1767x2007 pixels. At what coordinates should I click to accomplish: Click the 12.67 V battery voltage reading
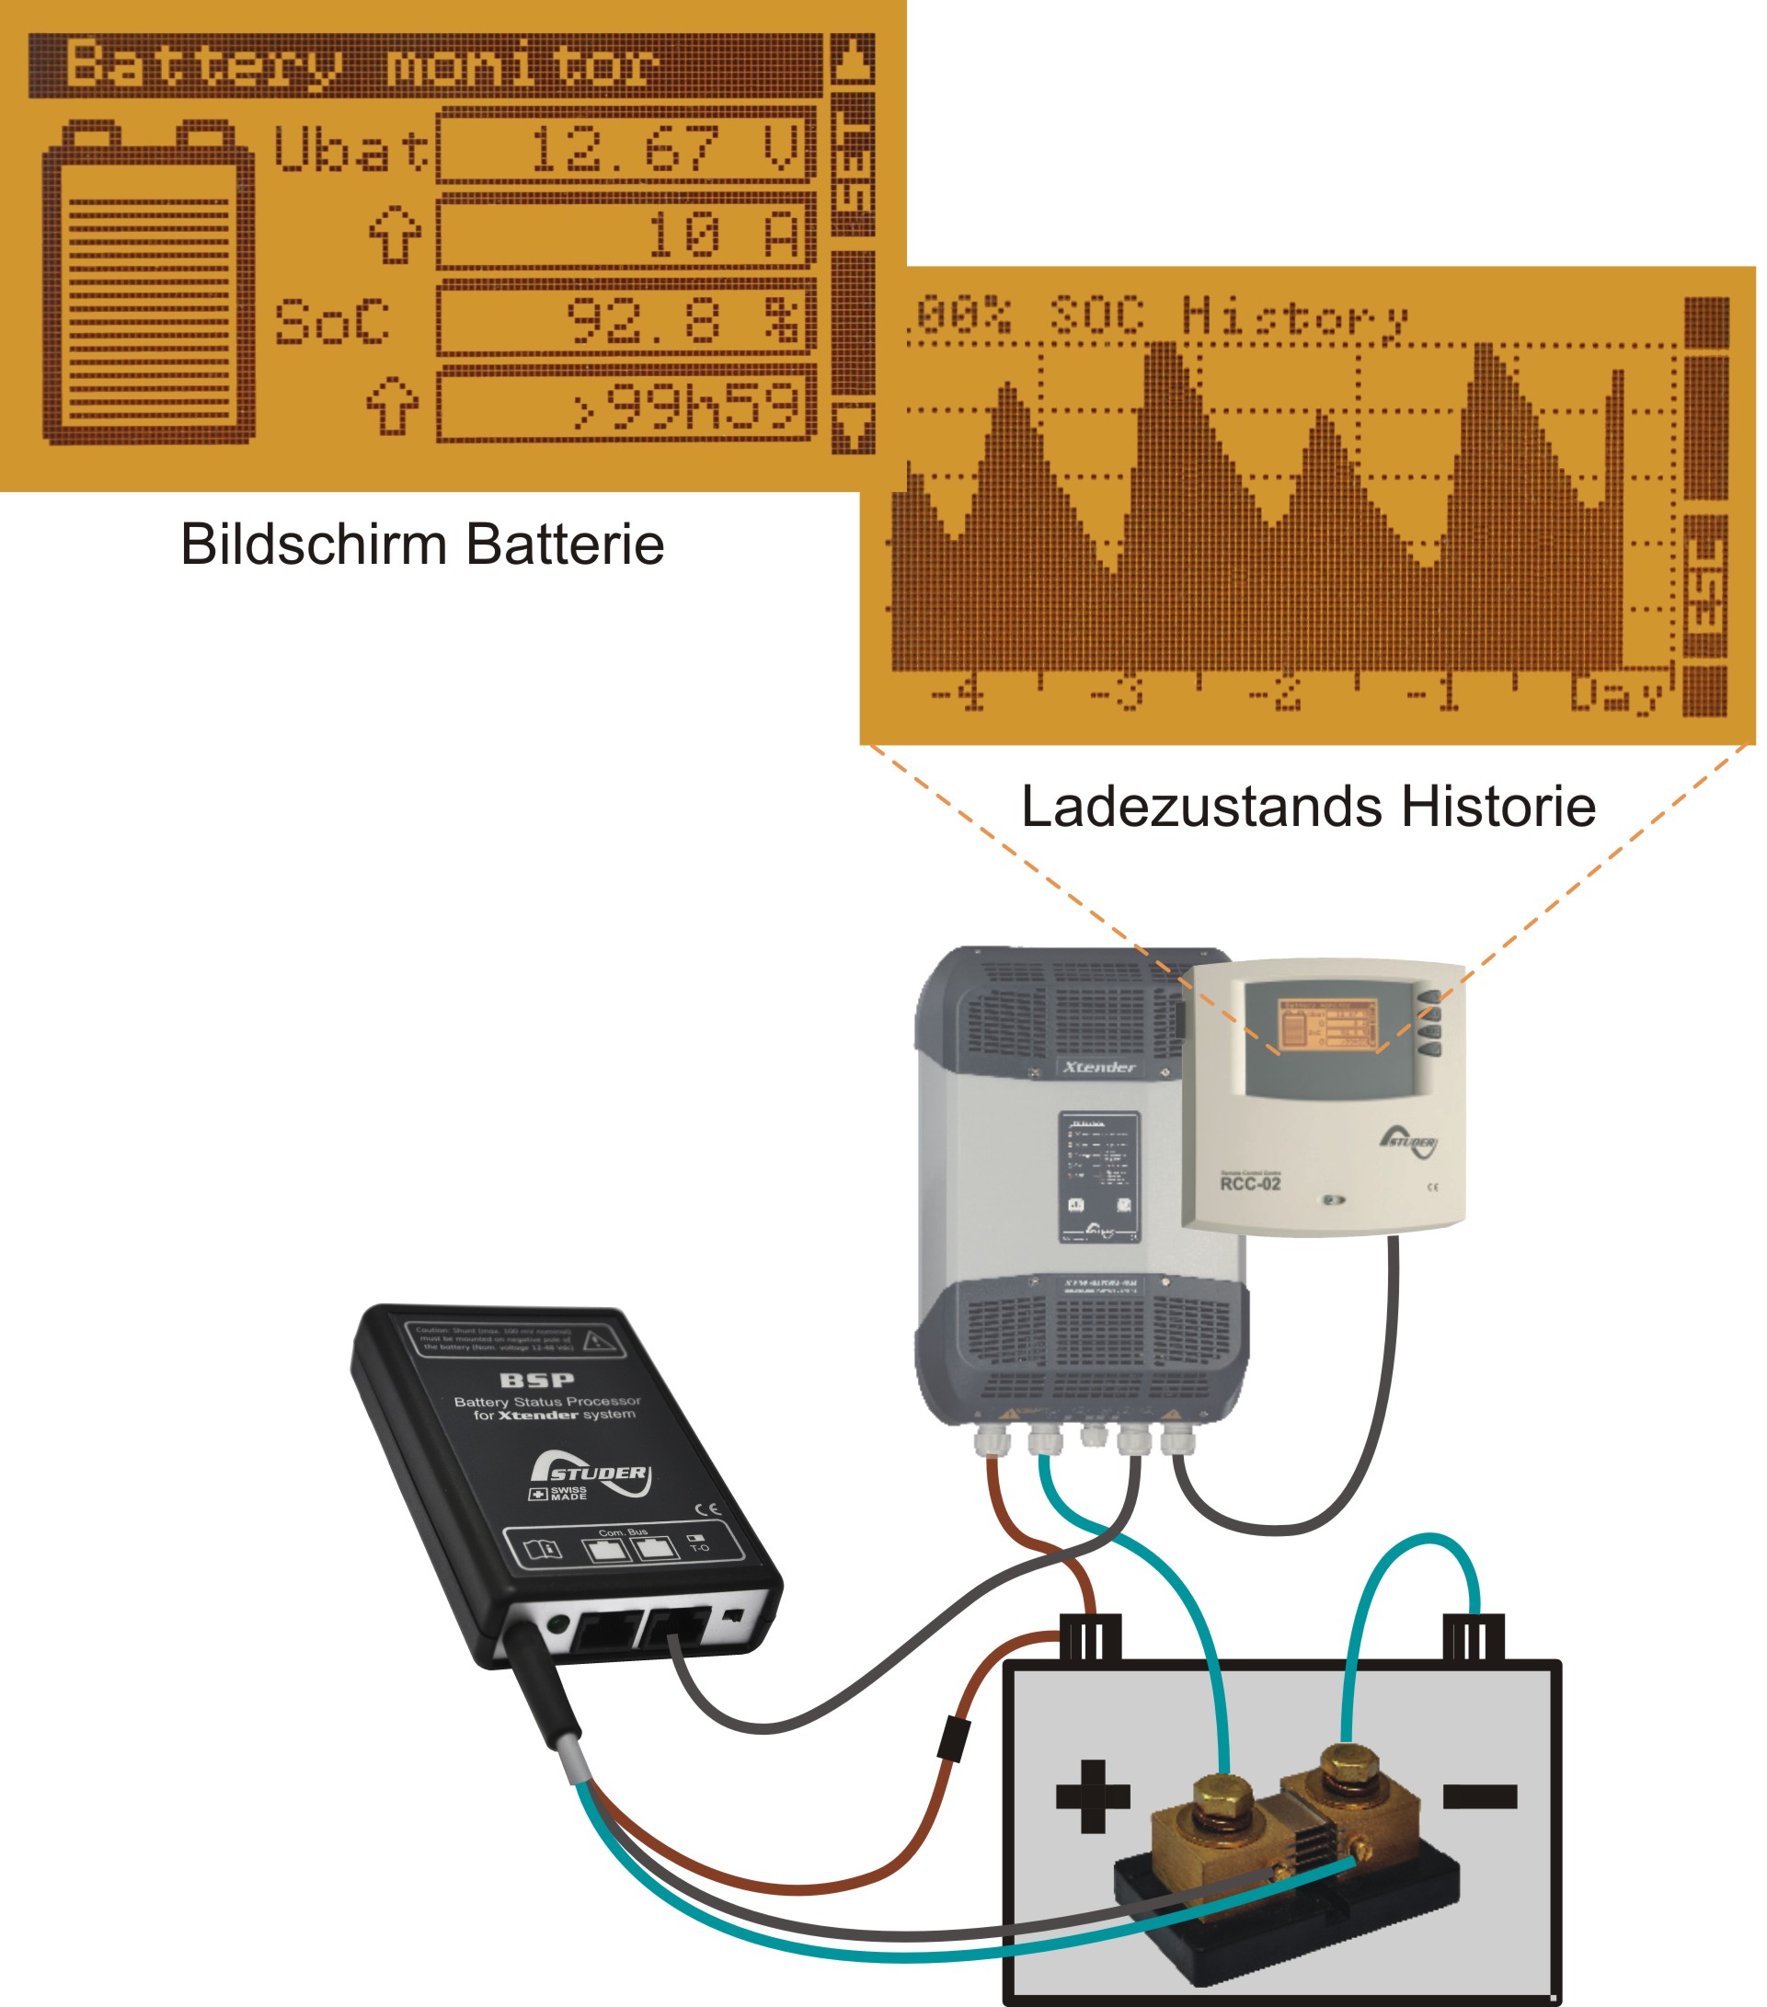(625, 147)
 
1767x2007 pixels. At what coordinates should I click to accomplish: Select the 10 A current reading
(625, 234)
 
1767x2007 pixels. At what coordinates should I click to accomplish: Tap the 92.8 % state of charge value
(625, 320)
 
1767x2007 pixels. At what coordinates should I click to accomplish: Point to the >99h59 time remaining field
(625, 406)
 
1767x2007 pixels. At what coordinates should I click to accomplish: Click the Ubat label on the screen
(350, 149)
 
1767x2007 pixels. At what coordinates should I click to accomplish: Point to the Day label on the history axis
(1615, 694)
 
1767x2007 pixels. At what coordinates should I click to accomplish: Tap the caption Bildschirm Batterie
(422, 545)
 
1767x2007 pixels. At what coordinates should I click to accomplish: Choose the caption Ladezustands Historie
(1308, 807)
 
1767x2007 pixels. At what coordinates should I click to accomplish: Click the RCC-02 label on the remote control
(1250, 1184)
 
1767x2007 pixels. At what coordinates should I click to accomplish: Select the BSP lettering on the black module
(536, 1381)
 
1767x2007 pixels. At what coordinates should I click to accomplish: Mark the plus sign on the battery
(1093, 1797)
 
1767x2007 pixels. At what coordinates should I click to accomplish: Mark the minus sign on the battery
(1480, 1797)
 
